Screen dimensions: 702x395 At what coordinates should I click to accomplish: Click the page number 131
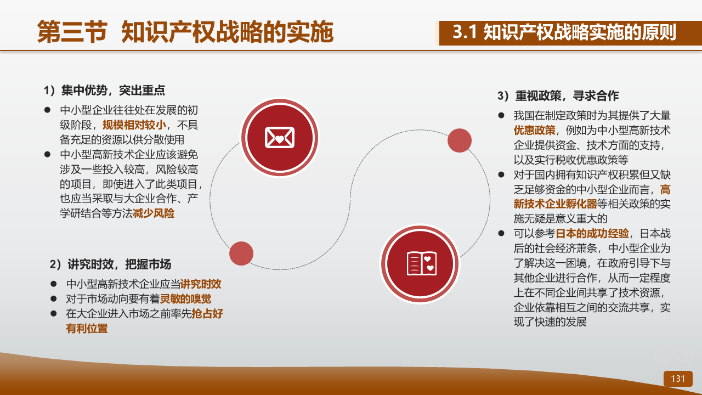[x=677, y=379]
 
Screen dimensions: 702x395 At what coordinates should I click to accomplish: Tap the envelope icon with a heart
[x=280, y=137]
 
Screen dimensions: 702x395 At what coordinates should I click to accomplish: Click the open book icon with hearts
[x=422, y=263]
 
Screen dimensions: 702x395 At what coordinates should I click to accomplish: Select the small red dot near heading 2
[x=241, y=253]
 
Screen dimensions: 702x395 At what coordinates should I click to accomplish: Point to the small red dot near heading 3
[x=460, y=140]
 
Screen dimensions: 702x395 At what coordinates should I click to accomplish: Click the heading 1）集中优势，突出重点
[x=104, y=91]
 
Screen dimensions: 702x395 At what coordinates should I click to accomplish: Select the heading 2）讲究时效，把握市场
[x=110, y=264]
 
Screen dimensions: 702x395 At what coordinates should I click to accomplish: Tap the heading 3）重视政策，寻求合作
[x=558, y=95]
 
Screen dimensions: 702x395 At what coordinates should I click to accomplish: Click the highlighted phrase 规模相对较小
[x=134, y=125]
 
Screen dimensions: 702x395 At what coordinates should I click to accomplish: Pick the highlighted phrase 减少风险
[x=154, y=213]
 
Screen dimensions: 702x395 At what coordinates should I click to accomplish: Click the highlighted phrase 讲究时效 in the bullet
[x=201, y=284]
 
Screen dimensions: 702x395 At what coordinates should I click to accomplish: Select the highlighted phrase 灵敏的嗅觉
[x=185, y=299]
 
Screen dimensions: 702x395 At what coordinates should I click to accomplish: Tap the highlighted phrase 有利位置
[x=87, y=329]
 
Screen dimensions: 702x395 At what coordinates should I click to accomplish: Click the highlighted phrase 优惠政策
[x=534, y=131]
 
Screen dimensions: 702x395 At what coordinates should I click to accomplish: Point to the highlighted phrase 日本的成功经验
[x=592, y=234]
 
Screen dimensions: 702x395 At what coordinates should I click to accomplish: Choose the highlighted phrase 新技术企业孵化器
[x=556, y=204]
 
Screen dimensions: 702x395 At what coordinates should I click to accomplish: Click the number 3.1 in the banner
[x=465, y=32]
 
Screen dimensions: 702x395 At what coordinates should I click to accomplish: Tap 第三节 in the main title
[x=72, y=32]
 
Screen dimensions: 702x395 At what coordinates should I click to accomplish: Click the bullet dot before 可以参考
[x=501, y=233]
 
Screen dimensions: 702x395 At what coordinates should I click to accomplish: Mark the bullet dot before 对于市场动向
[x=54, y=299]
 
